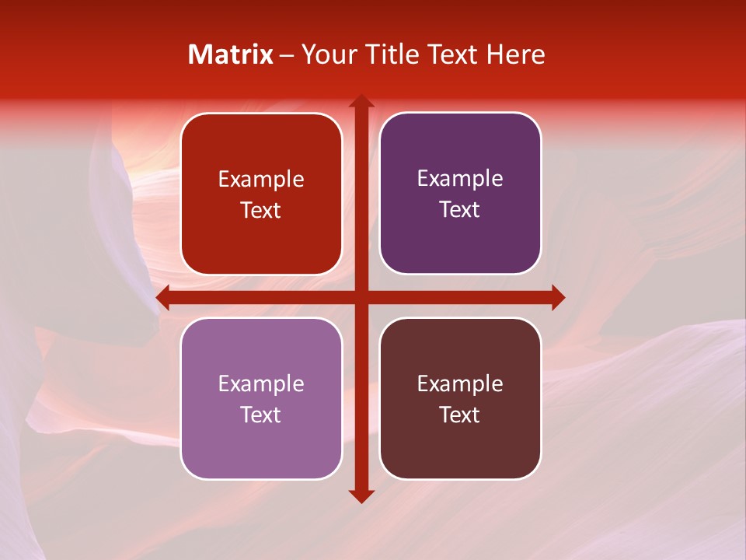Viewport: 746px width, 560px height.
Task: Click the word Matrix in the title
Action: pos(231,54)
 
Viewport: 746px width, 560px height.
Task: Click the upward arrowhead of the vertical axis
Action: pos(361,102)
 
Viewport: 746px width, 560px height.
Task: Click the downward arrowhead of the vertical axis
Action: pos(361,495)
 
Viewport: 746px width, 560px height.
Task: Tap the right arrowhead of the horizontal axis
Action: pos(557,298)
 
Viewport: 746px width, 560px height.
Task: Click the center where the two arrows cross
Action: pos(361,298)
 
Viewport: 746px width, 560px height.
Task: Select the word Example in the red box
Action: pos(261,180)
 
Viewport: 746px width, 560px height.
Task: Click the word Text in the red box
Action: pos(261,210)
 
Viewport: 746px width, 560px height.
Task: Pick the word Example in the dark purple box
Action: pos(460,179)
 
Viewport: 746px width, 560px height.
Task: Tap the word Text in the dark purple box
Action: pos(460,209)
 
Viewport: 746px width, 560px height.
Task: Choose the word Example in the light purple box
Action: pos(261,384)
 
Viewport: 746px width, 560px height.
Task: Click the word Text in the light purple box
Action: pos(261,415)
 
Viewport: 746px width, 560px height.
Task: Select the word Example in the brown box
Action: pos(460,384)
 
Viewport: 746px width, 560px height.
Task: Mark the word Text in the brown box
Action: pos(460,415)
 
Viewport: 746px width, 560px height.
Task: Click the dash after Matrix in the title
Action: pos(287,55)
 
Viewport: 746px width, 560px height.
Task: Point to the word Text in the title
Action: pos(451,54)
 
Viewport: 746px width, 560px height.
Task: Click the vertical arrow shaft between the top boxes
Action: pos(361,194)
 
